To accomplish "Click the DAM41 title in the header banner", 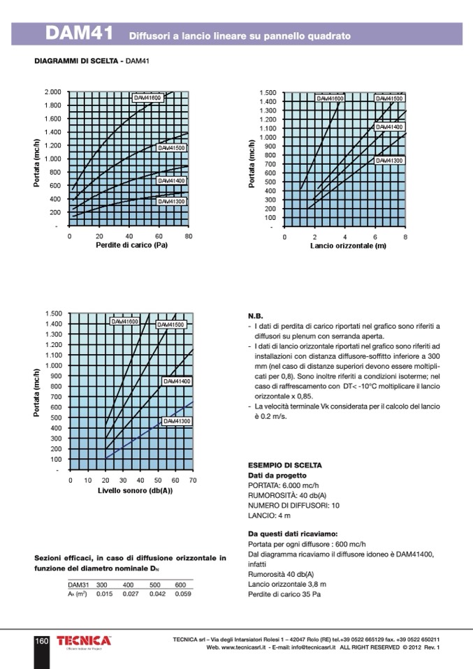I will (78, 34).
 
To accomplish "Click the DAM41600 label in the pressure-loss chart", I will (147, 98).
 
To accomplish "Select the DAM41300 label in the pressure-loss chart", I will (170, 201).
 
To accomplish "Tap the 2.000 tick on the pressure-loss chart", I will (52, 92).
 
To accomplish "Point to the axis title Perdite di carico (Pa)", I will (131, 245).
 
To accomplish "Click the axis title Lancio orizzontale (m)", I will (348, 246).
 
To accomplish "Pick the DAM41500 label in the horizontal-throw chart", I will (388, 99).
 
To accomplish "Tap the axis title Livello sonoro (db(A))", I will (135, 490).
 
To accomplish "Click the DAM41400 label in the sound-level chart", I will (177, 381).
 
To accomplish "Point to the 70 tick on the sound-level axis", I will (193, 480).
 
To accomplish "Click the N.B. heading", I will (256, 316).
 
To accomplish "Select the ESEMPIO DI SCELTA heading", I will (285, 465).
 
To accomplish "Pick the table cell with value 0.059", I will (182, 594).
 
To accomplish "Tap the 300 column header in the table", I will (102, 585).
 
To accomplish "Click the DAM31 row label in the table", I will (78, 585).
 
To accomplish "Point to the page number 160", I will (41, 641).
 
